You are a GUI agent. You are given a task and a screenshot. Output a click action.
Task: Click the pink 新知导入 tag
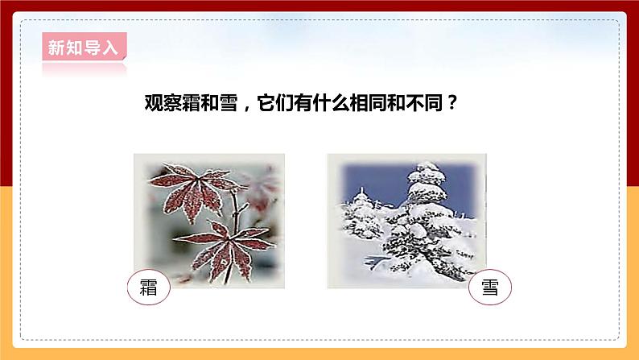83,48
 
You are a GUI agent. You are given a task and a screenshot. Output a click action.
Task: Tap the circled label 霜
149,290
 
